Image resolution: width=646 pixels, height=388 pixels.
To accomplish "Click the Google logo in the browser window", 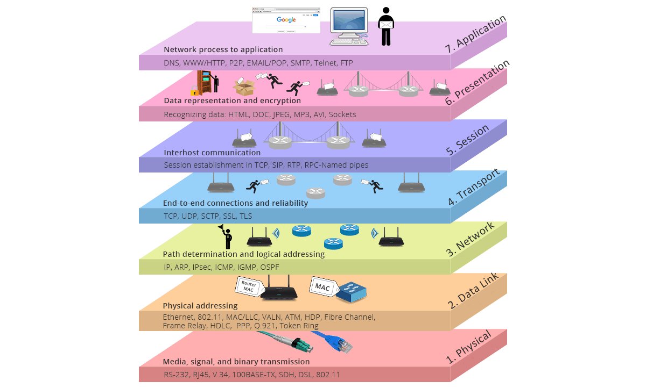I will [286, 20].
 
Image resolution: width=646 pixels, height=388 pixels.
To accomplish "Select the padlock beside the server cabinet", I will [194, 91].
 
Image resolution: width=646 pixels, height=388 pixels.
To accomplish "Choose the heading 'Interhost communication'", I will [205, 153].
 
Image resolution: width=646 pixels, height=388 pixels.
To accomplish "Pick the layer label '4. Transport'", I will [474, 188].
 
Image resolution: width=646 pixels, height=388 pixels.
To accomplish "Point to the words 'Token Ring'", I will [299, 326].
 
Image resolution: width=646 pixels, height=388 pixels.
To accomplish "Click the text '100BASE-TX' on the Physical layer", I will [251, 374].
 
